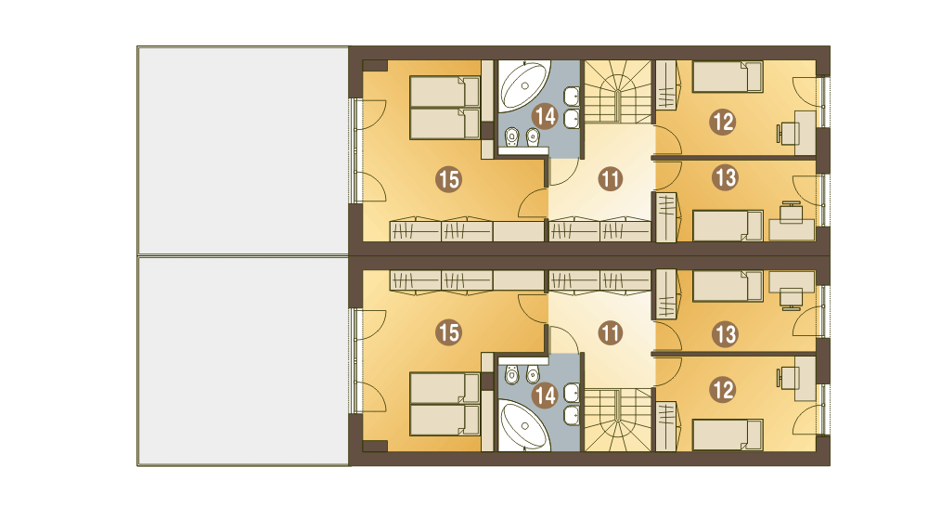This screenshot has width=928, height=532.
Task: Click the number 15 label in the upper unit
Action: (x=448, y=179)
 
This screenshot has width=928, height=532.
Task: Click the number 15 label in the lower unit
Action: (x=448, y=332)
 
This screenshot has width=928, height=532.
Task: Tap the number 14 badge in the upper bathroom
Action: (x=545, y=116)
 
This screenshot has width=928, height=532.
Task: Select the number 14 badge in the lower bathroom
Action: (x=545, y=396)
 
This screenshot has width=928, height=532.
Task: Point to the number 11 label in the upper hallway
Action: (x=611, y=179)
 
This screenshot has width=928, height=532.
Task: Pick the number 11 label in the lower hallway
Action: (x=611, y=332)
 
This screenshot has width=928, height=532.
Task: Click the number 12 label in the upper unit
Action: (x=723, y=122)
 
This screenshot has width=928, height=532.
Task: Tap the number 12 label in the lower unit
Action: (x=723, y=390)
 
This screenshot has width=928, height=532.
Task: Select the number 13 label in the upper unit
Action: (x=725, y=177)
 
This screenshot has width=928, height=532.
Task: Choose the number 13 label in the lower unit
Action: (x=725, y=334)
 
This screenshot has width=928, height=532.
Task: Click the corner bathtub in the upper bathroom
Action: (x=523, y=85)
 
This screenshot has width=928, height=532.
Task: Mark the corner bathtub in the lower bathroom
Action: (x=523, y=425)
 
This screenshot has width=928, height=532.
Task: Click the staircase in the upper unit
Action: (x=618, y=92)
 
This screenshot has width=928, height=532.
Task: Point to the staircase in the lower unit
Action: (x=618, y=420)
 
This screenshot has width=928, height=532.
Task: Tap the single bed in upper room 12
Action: (x=728, y=77)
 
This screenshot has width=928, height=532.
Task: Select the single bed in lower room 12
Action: (x=728, y=435)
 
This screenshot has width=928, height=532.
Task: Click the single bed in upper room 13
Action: (x=728, y=226)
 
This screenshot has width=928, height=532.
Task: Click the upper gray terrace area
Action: (x=243, y=150)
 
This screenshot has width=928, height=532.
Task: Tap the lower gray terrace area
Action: (x=243, y=361)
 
